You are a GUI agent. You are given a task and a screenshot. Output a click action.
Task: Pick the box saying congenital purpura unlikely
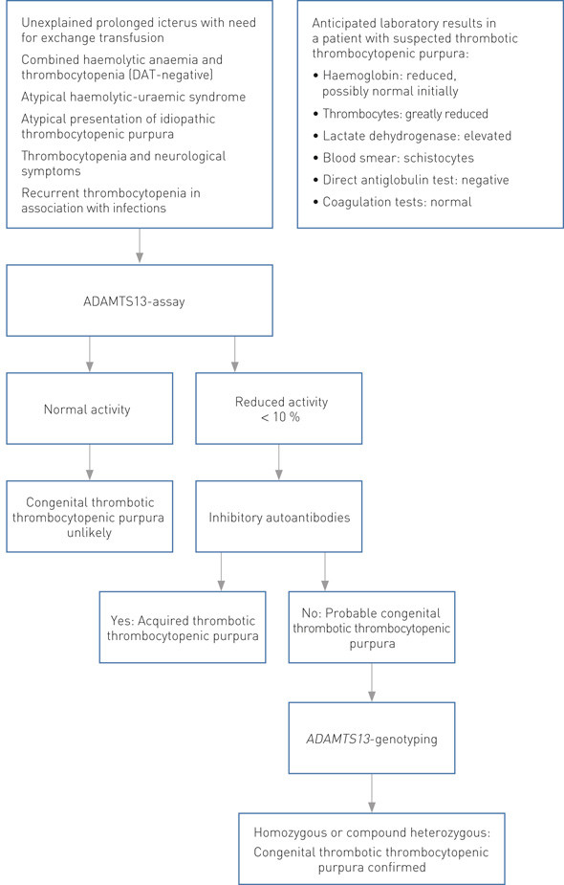(89, 518)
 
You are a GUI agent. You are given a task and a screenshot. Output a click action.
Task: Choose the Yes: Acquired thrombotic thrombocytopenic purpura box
(184, 627)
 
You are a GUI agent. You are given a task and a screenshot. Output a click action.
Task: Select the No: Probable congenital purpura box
(370, 627)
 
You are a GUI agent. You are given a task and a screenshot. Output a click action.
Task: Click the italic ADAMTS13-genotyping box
(370, 738)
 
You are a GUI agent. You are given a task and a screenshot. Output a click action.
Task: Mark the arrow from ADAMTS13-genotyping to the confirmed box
(370, 790)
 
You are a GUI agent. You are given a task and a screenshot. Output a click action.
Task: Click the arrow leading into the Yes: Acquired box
(221, 571)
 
